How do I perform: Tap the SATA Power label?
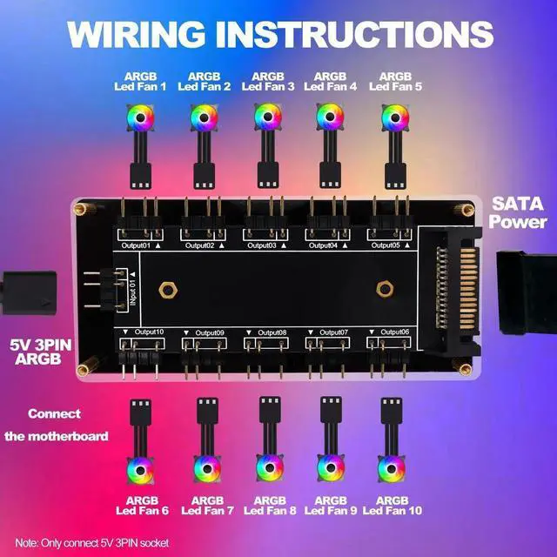click(518, 212)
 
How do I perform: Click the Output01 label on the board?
click(134, 246)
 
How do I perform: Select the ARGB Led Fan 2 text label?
click(204, 81)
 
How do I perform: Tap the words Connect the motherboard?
click(56, 425)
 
